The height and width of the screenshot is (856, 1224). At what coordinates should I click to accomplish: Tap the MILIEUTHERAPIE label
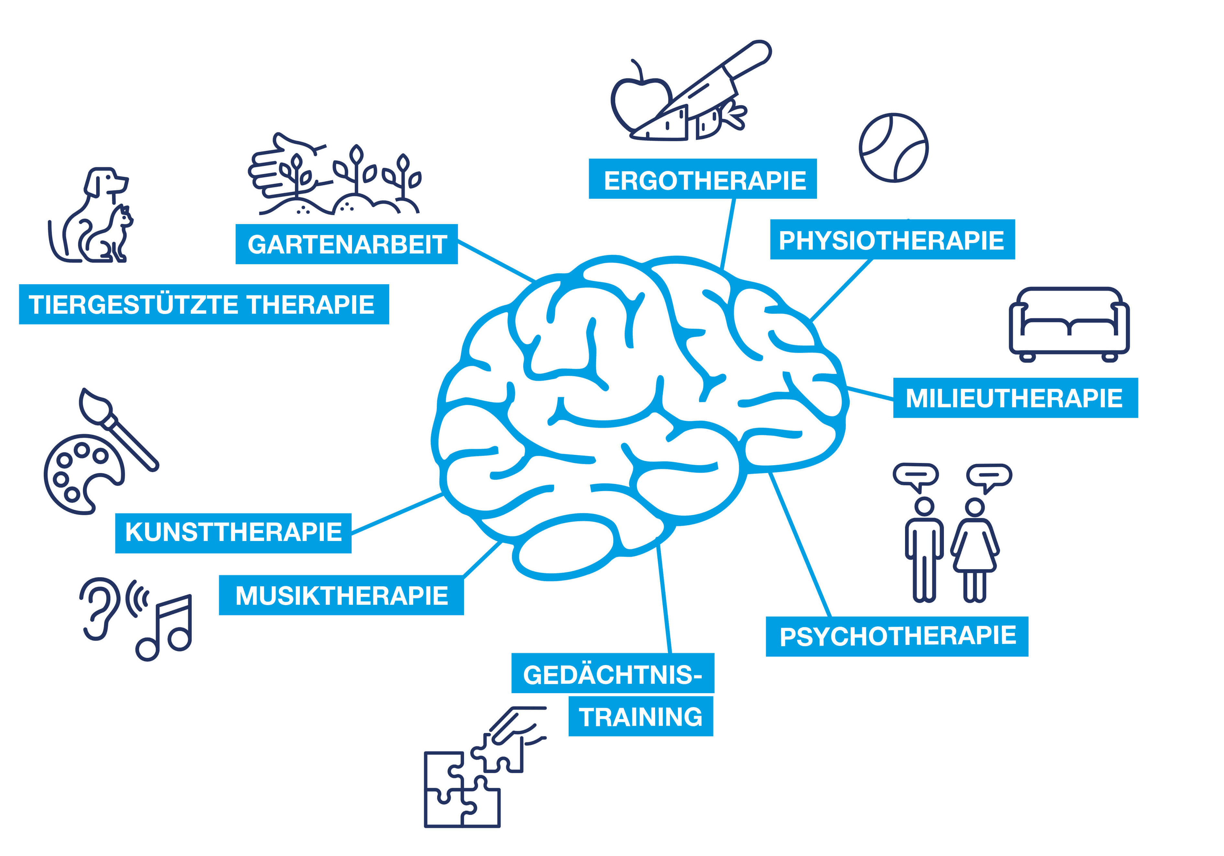tap(1015, 398)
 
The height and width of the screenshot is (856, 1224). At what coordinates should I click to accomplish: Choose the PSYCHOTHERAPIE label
tap(897, 636)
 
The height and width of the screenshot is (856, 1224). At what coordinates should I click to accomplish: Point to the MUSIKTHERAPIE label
tap(341, 595)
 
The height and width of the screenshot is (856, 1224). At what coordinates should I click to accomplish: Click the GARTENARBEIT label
tap(346, 244)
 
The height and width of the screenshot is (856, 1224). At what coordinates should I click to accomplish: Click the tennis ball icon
tap(893, 148)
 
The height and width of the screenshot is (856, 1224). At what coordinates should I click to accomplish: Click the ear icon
tap(99, 608)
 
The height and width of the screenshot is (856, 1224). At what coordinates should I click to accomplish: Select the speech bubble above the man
tap(916, 476)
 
